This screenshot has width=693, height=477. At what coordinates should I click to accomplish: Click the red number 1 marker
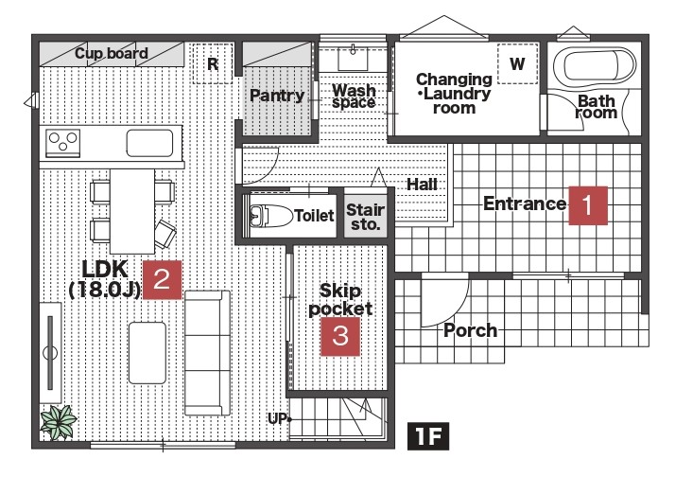tap(586, 204)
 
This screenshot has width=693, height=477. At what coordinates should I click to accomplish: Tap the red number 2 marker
tap(162, 279)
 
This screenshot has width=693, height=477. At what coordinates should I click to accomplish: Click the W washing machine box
tap(517, 64)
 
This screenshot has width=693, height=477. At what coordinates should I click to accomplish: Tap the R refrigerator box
tap(212, 64)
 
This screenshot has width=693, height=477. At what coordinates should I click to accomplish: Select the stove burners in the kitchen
tap(63, 143)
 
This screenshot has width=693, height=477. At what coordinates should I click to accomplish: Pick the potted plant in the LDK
tap(59, 420)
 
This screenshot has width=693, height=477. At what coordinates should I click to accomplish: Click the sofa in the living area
tap(207, 352)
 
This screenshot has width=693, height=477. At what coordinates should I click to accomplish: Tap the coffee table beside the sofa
tap(147, 351)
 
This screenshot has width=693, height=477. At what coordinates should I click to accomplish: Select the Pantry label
tap(277, 96)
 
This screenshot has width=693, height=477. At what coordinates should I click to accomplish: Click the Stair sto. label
tap(365, 217)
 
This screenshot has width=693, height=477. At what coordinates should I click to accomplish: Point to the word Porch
tap(470, 330)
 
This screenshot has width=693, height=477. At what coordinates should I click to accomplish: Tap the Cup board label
tap(112, 53)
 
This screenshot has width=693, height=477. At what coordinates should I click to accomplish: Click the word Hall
tap(422, 184)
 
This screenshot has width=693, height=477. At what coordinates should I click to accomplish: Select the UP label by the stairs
tap(277, 417)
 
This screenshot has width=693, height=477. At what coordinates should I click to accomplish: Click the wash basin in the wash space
tap(354, 58)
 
